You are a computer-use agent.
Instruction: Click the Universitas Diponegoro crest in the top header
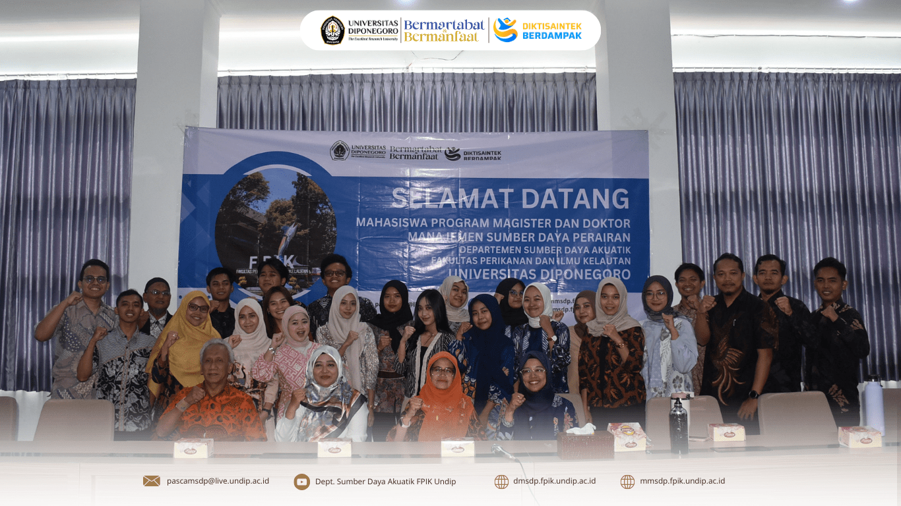332,30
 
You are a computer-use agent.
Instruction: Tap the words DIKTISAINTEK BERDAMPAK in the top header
551,30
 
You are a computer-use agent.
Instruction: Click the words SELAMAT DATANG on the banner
510,199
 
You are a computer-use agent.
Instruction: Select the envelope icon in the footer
152,481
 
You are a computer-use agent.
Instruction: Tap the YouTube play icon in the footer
301,482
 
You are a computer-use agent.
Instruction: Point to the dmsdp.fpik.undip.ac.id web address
554,481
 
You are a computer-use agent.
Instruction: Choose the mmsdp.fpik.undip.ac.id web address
682,481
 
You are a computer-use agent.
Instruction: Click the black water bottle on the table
678,424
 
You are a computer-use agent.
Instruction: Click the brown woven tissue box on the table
585,444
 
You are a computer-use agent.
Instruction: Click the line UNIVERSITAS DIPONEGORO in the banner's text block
539,273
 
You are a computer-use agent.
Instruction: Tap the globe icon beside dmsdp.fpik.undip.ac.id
501,482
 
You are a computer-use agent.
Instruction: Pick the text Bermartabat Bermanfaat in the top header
444,30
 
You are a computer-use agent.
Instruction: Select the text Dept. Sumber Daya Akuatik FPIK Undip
385,482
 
